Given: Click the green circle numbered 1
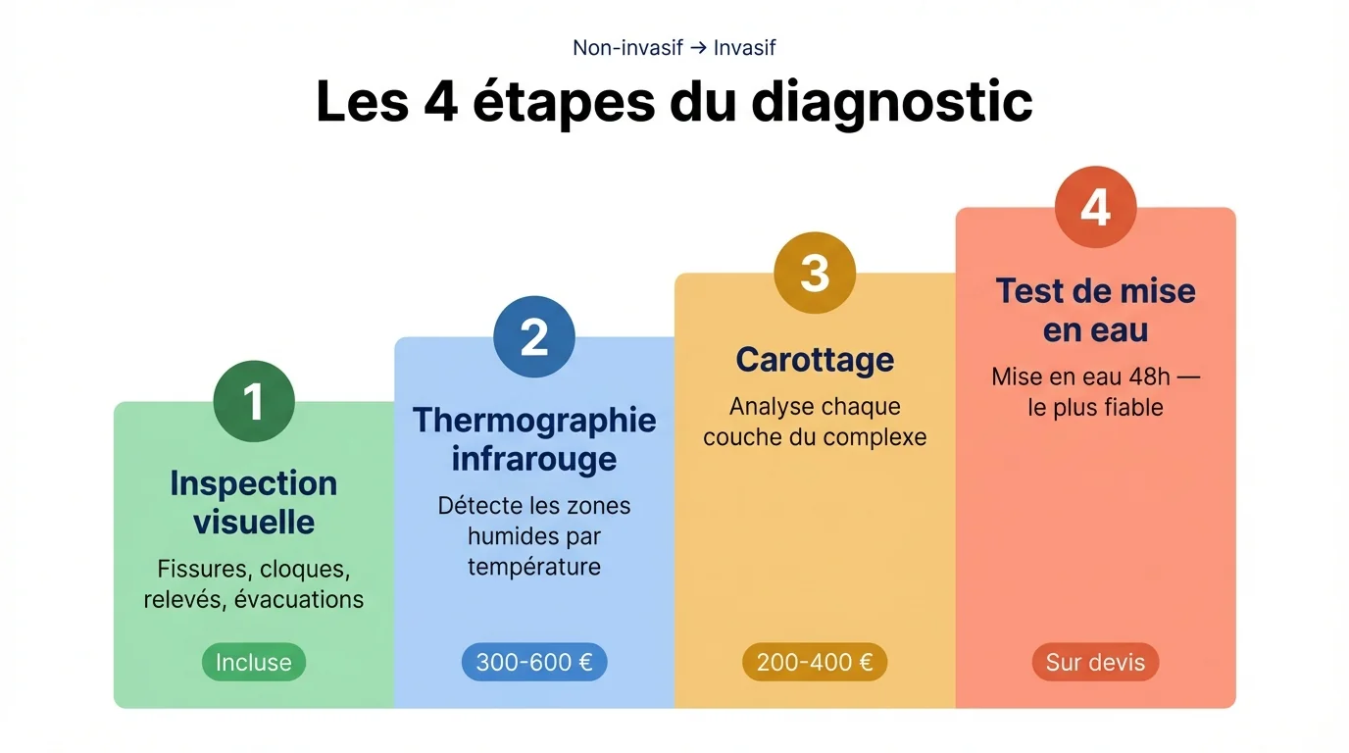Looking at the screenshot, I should point(254,402).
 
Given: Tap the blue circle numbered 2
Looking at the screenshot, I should point(534,337).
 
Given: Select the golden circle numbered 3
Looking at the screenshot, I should point(815,273).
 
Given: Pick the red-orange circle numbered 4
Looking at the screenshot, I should point(1095,208).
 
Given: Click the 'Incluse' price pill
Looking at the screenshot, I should point(254,663).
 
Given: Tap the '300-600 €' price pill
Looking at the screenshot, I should point(534,663).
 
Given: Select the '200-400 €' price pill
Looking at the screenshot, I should point(815,663).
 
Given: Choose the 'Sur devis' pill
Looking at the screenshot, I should point(1095,663).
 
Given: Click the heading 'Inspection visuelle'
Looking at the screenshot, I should point(254,502).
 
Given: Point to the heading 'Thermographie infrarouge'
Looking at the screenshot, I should point(534,438).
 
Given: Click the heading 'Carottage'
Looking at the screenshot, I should point(815,360).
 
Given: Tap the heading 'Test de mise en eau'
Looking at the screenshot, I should point(1095,310).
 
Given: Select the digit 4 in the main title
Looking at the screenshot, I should point(441,101).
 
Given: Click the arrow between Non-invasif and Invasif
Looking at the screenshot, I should point(698,48).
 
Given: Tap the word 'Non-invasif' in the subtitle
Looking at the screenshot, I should point(627,48).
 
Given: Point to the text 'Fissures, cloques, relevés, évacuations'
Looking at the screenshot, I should point(254,584).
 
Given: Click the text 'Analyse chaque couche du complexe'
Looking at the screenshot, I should point(815,422).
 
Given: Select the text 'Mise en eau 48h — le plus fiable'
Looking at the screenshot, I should point(1095,392).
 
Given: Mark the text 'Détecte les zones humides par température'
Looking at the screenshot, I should point(534,536).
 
